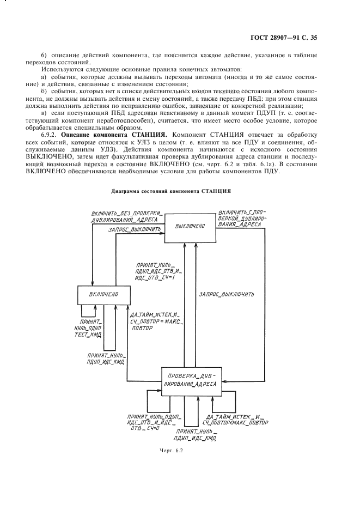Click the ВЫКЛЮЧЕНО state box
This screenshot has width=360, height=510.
(x=190, y=226)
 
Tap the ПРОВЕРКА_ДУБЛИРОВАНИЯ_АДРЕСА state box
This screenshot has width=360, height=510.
(x=192, y=380)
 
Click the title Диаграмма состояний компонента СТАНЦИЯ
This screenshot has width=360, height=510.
(x=171, y=191)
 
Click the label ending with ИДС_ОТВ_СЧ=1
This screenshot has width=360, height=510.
(x=158, y=271)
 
